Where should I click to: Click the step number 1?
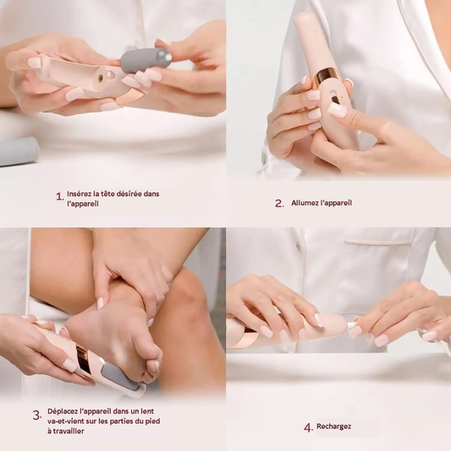[x=59, y=197]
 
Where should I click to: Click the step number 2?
[x=279, y=203]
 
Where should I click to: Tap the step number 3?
[x=37, y=415]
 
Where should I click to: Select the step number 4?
[x=308, y=427]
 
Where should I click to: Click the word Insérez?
[x=79, y=194]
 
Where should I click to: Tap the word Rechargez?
[x=333, y=426]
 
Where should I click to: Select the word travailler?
[x=68, y=432]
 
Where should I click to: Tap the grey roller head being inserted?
[x=146, y=60]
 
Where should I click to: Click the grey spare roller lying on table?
[x=18, y=151]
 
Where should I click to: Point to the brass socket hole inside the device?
[x=101, y=77]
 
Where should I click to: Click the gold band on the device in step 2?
[x=327, y=75]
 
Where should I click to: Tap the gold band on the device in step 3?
[x=84, y=362]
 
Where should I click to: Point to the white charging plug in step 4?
[x=351, y=326]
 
